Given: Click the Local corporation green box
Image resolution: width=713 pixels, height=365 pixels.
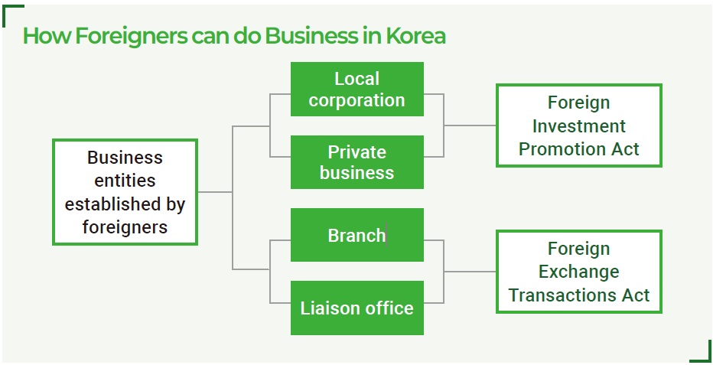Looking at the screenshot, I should [356, 90].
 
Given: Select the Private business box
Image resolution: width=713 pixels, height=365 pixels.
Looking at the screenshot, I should [356, 162].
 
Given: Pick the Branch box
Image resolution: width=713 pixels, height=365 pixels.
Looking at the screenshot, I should [356, 235].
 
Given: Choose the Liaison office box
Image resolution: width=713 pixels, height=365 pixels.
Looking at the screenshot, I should [356, 308].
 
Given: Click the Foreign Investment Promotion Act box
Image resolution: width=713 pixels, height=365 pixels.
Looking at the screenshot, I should [578, 125].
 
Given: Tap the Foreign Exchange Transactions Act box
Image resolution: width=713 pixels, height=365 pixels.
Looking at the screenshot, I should [578, 272].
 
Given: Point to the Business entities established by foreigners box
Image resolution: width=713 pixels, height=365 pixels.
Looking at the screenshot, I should [125, 192].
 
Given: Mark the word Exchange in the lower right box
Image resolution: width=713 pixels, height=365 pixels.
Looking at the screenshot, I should [578, 272].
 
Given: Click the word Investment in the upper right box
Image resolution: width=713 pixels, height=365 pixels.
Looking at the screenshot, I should [578, 125].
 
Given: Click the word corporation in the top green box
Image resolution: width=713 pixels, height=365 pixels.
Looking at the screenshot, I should [356, 100].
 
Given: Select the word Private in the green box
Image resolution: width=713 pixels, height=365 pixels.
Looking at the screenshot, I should [356, 152].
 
